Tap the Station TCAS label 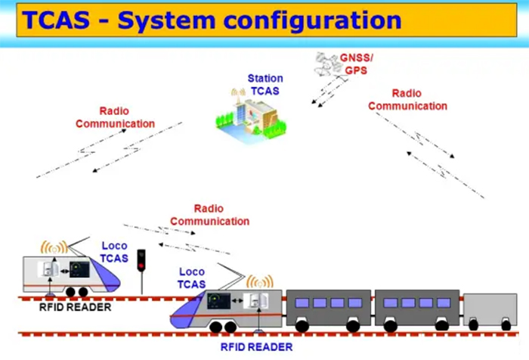[264, 84]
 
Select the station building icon [244, 114]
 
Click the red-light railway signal [141, 262]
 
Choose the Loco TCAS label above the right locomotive [192, 278]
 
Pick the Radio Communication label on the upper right [408, 100]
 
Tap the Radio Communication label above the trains [209, 215]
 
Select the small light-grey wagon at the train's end [490, 310]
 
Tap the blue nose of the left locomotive [108, 277]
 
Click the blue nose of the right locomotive [186, 314]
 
